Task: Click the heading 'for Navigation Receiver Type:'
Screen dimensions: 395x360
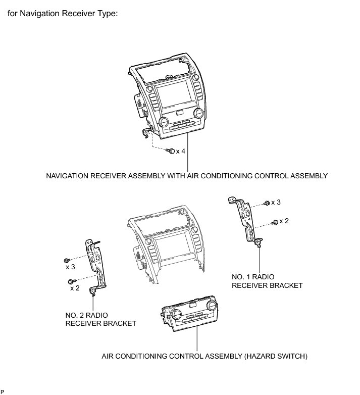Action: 63,14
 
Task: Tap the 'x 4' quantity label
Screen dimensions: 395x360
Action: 181,151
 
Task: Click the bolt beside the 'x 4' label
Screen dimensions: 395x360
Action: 172,151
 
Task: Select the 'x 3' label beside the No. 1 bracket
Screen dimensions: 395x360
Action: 276,202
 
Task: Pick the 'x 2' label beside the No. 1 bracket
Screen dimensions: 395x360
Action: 284,221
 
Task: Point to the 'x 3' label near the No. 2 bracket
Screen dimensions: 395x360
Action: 70,266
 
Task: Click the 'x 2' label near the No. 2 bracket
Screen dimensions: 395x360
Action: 75,288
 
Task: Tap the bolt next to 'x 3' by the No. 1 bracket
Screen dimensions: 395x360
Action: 267,203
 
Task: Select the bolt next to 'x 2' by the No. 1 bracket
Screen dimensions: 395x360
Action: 275,222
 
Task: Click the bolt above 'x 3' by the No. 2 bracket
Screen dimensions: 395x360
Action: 67,259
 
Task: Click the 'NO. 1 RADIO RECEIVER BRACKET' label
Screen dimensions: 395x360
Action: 267,281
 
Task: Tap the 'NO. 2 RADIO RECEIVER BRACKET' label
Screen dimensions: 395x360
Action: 100,319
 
